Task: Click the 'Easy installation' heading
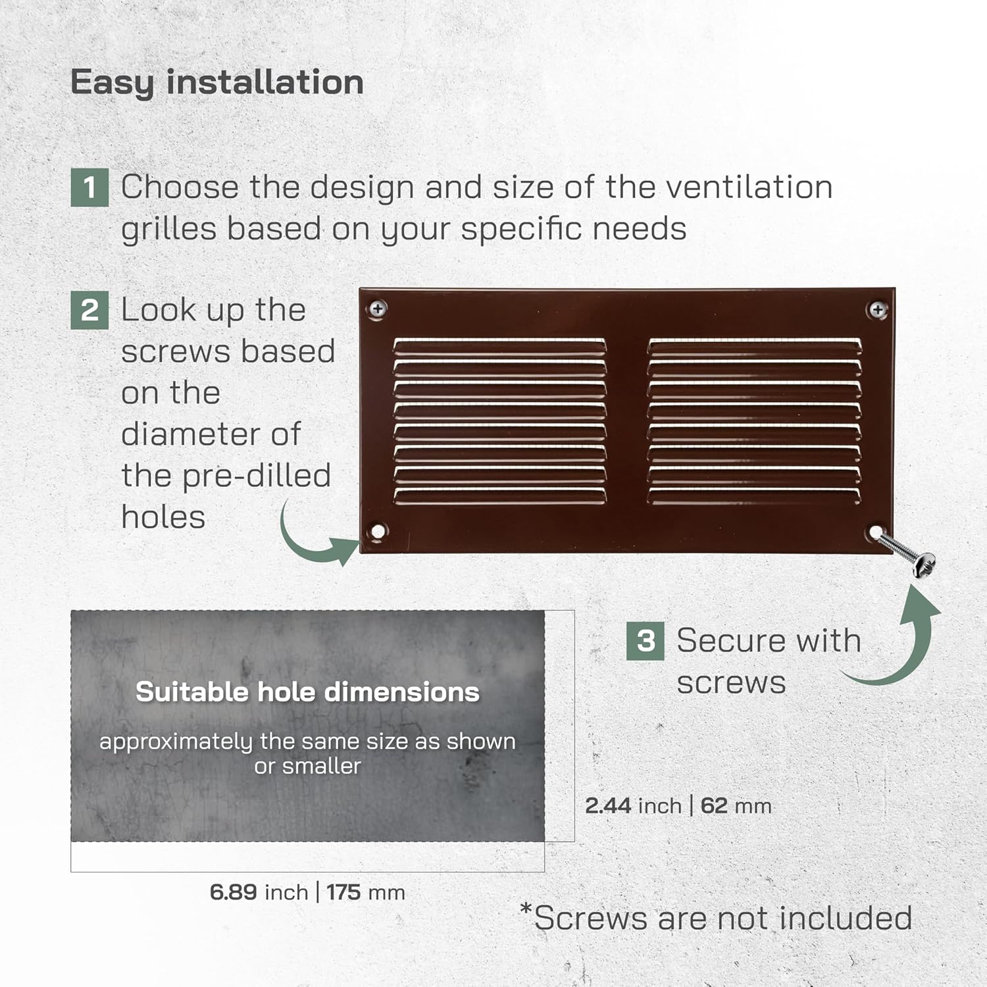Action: [216, 83]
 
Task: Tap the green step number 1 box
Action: [89, 188]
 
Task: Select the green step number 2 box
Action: [89, 311]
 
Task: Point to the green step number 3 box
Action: [645, 641]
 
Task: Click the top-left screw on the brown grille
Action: [378, 309]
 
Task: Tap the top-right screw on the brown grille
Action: [878, 309]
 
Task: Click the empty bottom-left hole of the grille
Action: [378, 531]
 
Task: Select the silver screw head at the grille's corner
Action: [924, 565]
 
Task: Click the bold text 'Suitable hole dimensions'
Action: [307, 692]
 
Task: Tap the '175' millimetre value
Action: [343, 892]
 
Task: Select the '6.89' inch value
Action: [234, 892]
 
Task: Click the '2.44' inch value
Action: [608, 805]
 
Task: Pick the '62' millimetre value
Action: [714, 805]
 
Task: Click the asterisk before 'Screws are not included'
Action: [526, 910]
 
